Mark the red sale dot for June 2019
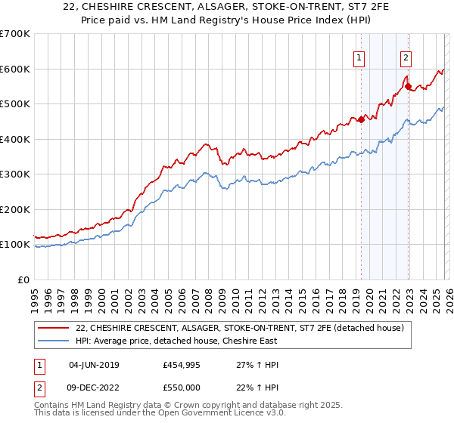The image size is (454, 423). [x=361, y=119]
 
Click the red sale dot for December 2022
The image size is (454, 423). [x=408, y=86]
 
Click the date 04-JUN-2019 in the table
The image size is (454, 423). [x=95, y=365]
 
